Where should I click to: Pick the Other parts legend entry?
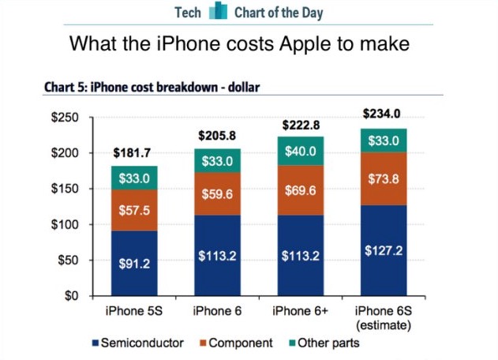click(x=325, y=343)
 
